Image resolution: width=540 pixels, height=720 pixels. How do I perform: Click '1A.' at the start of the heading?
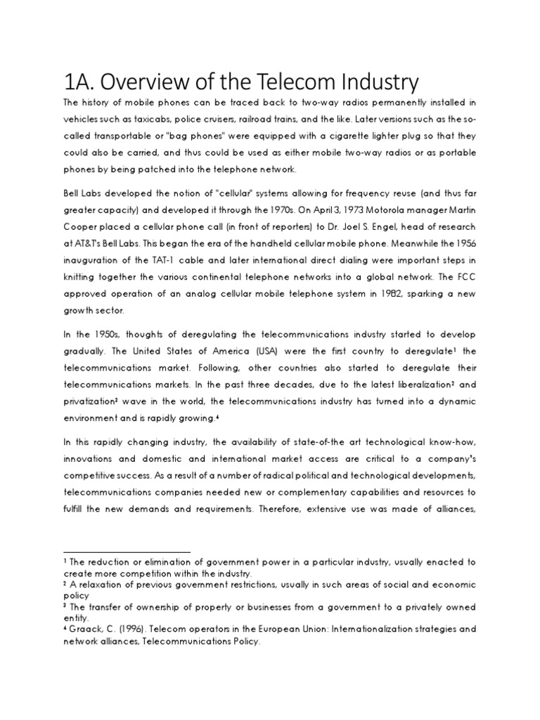[x=80, y=83]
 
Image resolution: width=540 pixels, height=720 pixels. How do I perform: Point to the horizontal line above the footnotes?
[x=127, y=552]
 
